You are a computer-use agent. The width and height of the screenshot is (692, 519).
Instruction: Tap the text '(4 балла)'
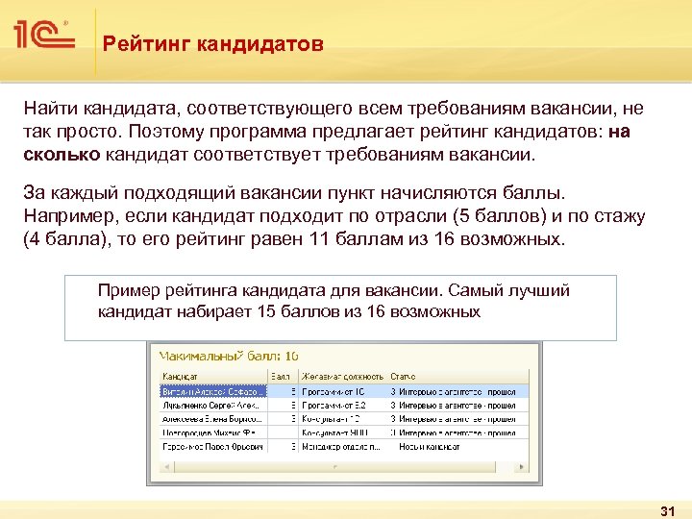click(63, 239)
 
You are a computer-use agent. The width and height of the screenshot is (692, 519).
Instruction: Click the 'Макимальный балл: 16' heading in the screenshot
click(229, 356)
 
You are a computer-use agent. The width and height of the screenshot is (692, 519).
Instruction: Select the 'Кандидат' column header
click(181, 377)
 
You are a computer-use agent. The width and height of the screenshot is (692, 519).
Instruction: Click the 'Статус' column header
click(403, 377)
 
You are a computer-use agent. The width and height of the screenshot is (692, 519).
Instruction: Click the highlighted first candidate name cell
click(213, 391)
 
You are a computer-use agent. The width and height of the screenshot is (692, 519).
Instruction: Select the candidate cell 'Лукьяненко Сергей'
click(213, 406)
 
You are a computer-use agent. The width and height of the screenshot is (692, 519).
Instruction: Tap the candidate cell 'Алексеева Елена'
click(213, 419)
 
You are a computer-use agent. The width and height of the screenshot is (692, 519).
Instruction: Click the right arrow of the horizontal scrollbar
click(521, 466)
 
